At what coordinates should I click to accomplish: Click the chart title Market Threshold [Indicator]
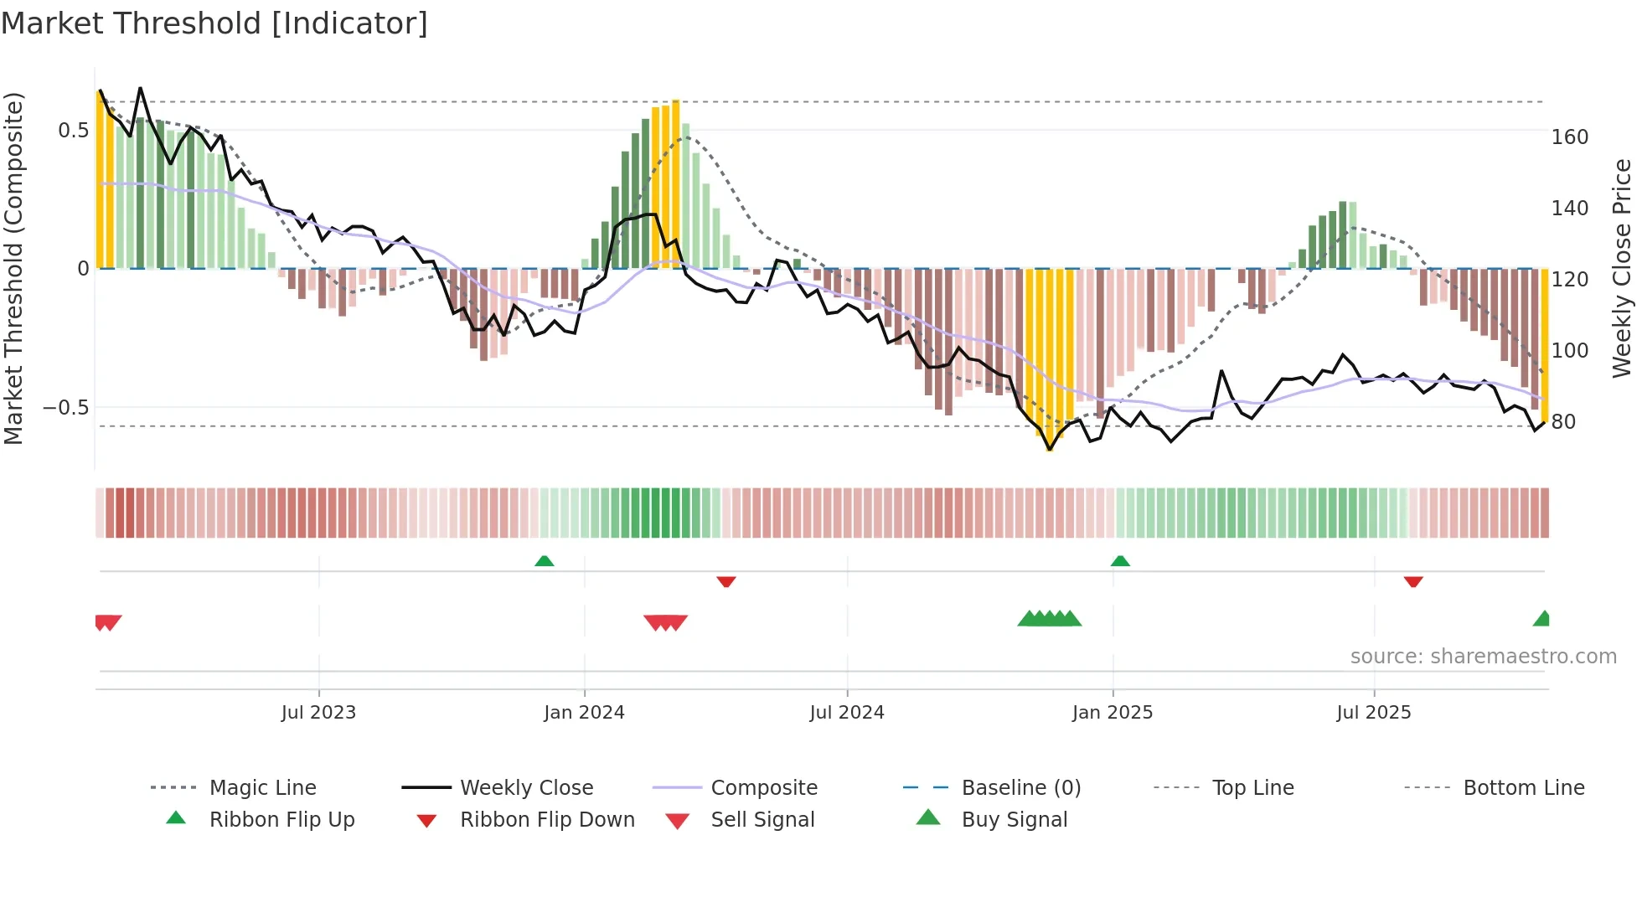point(214,23)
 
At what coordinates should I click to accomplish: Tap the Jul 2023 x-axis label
point(318,713)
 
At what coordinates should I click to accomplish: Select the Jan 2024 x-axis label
point(584,713)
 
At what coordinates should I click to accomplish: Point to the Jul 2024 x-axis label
point(847,713)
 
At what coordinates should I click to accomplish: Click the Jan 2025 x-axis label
point(1113,713)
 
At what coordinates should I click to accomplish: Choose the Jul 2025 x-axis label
point(1374,713)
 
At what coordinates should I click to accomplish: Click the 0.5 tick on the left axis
point(73,131)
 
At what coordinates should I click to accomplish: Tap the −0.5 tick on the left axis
point(66,408)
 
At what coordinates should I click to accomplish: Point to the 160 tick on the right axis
point(1569,137)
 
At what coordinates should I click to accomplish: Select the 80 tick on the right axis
point(1563,422)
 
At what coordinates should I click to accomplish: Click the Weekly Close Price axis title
point(1622,268)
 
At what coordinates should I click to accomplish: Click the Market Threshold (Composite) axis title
point(13,268)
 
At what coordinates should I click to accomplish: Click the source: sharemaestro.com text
point(1483,657)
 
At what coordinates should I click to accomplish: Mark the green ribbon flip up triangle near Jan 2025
point(1120,561)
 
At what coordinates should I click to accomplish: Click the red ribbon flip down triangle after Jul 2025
point(1413,581)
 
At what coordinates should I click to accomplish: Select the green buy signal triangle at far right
point(1542,619)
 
